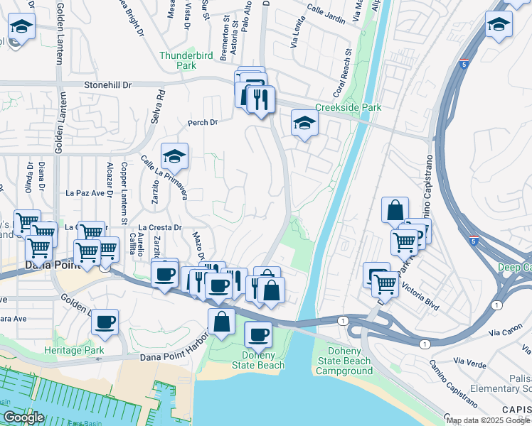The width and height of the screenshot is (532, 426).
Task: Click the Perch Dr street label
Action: coord(202,123)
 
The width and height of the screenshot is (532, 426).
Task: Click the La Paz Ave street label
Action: coord(85,192)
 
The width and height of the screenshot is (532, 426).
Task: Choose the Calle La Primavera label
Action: coord(164,177)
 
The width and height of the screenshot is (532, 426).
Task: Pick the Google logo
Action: coord(24,417)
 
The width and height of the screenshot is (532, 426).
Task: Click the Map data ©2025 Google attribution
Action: coord(488,420)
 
